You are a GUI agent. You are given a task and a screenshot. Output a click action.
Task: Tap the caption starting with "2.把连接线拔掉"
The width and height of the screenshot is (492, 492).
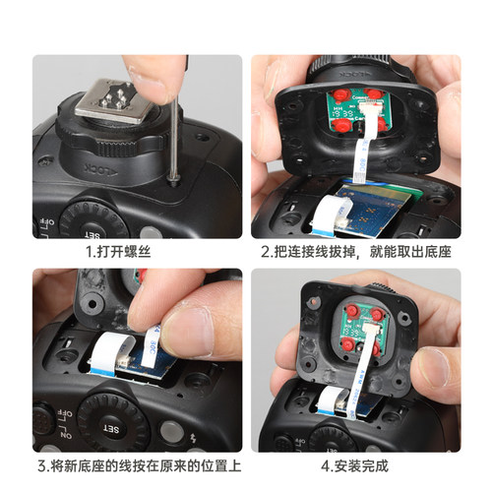356,252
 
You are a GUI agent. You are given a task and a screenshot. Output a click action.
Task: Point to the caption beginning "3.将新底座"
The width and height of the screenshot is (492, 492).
137,466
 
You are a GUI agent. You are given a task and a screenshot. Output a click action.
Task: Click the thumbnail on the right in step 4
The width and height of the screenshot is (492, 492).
434,368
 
